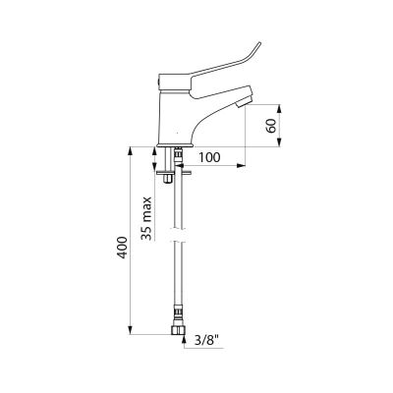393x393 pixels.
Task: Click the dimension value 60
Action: [271, 125]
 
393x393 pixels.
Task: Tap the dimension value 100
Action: [209, 157]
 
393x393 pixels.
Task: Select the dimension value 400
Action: [122, 248]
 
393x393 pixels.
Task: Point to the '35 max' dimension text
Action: [147, 218]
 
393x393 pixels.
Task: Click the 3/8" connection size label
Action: [207, 341]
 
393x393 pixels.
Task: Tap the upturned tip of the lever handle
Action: [258, 44]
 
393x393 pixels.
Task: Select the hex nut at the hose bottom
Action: [178, 329]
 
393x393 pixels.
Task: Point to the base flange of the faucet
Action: [176, 144]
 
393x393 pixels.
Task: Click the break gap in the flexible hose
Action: [178, 235]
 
